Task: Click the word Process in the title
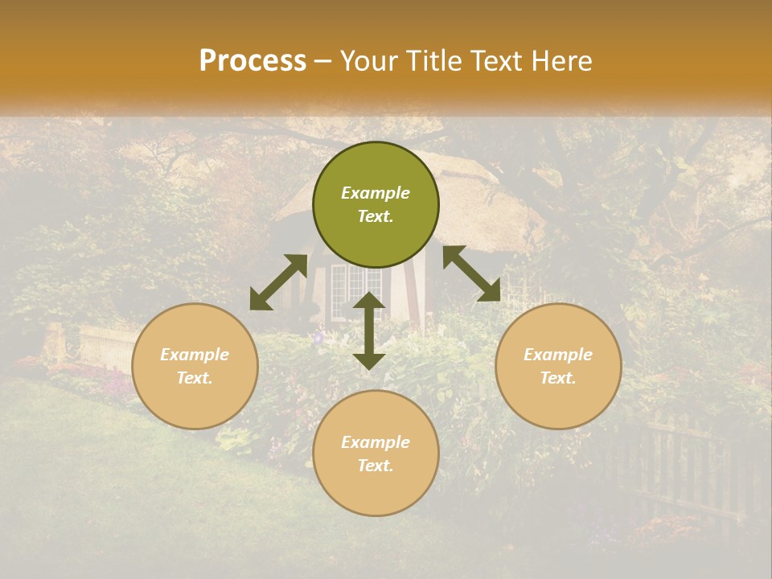pyautogui.click(x=253, y=61)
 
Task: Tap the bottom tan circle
pyautogui.click(x=376, y=491)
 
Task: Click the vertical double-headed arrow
pyautogui.click(x=369, y=331)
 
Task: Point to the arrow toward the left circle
pyautogui.click(x=278, y=282)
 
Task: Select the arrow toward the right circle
pyautogui.click(x=471, y=273)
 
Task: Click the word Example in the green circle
pyautogui.click(x=376, y=193)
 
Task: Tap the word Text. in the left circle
pyautogui.click(x=195, y=378)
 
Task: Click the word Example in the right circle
pyautogui.click(x=558, y=355)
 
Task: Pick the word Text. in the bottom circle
pyautogui.click(x=376, y=466)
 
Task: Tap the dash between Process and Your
pyautogui.click(x=323, y=62)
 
